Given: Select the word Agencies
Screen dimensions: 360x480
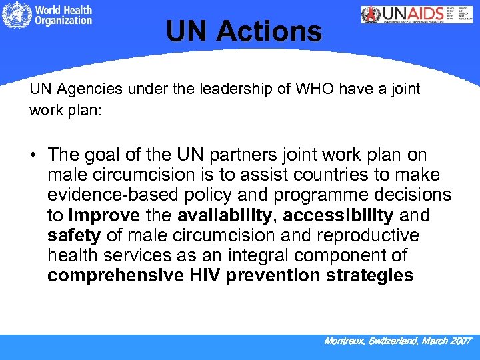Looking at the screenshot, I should (84, 89).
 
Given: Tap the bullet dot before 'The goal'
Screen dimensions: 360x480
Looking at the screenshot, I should (33, 156).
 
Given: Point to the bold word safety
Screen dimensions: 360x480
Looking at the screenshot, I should (74, 236).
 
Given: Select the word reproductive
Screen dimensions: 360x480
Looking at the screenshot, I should (369, 236).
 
